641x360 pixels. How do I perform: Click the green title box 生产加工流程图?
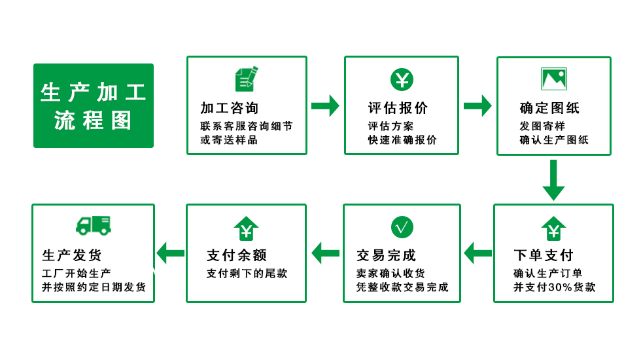pos(94,105)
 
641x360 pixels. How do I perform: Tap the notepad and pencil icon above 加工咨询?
pos(247,79)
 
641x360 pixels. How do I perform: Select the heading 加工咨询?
pos(230,108)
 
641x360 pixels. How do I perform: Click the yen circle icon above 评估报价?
pos(402,79)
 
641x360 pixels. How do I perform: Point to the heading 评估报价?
pos(398,108)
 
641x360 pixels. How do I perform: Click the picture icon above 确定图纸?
pos(554,79)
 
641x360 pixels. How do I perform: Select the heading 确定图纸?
pos(550,108)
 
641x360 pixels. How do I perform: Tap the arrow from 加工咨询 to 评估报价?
pos(326,106)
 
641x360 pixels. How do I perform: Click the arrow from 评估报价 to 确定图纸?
pos(477,106)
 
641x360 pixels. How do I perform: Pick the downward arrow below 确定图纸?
pos(553,180)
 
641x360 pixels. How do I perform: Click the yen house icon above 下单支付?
pos(553,228)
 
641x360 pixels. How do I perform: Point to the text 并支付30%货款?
pos(555,287)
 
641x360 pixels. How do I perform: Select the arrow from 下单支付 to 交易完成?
pos(478,253)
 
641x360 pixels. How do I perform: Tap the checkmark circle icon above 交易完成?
pos(402,227)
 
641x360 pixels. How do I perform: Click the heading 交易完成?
pos(386,255)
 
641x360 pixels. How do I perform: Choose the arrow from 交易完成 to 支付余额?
pos(326,253)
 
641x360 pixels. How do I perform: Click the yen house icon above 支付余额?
pos(246,228)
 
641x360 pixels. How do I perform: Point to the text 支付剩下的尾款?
pos(247,274)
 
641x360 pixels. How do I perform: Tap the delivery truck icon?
pos(94,225)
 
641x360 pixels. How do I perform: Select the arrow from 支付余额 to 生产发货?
pos(171,253)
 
